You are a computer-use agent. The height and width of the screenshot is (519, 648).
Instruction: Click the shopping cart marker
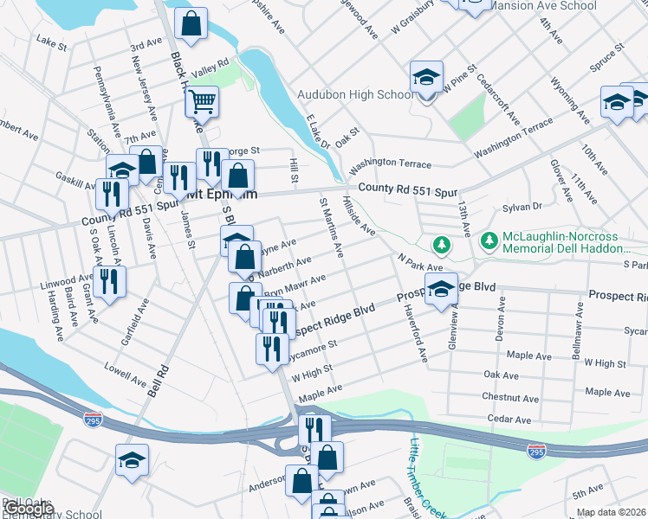coord(202,102)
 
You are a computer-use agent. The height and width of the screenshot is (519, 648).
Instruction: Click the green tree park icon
coord(442,245)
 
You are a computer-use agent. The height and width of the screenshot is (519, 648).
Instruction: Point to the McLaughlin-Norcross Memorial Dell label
coord(562,244)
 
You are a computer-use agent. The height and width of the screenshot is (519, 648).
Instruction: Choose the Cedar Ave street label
coord(509,419)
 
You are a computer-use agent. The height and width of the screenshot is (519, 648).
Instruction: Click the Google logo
coord(29,508)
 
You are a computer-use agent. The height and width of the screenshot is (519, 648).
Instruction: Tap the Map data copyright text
coord(611,512)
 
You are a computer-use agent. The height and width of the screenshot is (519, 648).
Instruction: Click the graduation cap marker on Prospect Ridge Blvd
coord(441,292)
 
